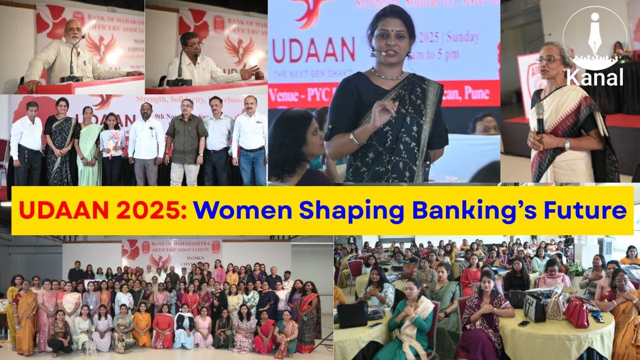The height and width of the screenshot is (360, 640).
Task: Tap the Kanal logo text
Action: pyautogui.click(x=595, y=77)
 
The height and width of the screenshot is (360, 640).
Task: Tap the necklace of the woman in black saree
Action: pyautogui.click(x=388, y=76)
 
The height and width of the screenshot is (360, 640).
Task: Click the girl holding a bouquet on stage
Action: pyautogui.click(x=113, y=144)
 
